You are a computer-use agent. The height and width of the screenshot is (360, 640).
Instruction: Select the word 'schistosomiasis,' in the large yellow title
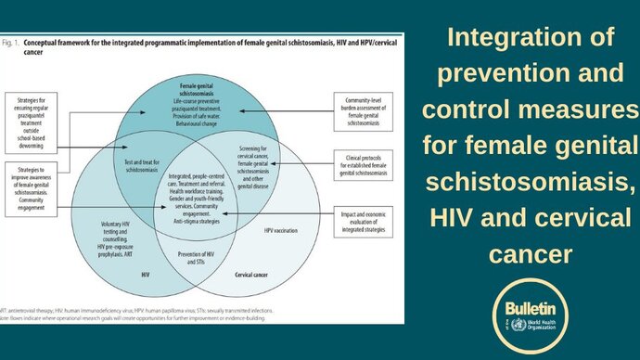pos(531,181)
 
